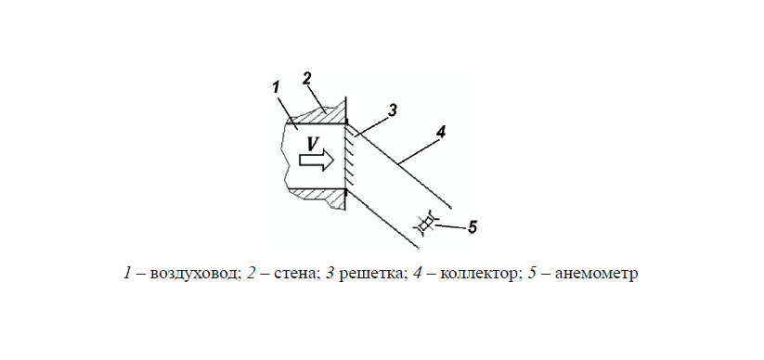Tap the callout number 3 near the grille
pos(393,110)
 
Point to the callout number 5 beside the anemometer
pos(473,226)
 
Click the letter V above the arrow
pos(313,144)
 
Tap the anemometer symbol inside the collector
pos(426,223)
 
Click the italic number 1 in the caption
pos(127,275)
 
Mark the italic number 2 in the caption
pos(251,275)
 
